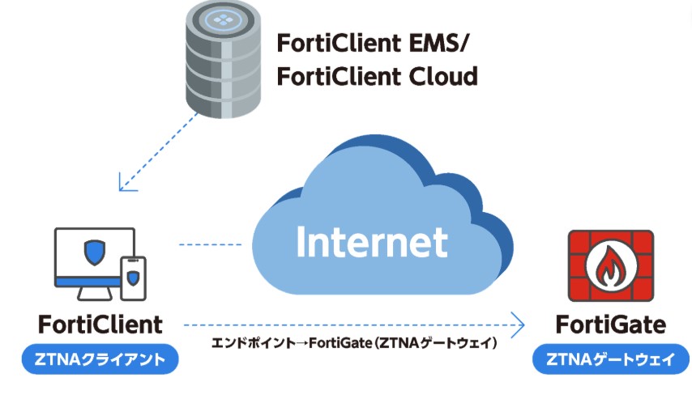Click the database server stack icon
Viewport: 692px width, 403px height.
223,59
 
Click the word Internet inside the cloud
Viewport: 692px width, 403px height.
372,242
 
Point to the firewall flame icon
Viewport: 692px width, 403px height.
611,266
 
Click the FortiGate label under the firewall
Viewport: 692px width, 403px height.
611,325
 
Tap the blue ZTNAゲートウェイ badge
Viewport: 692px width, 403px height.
611,359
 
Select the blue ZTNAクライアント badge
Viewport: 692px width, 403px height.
100,359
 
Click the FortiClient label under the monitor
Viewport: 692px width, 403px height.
100,325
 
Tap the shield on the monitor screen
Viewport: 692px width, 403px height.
95,252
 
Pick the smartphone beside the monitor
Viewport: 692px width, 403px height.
133,278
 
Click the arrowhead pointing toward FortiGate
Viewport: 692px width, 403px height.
519,325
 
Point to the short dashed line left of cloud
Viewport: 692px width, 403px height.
211,244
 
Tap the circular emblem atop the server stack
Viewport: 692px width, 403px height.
224,19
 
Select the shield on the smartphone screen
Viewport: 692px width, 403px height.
133,278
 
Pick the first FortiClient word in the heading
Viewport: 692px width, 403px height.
339,43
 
